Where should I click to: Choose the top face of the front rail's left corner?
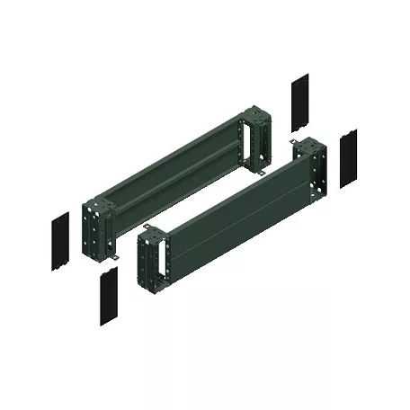coord(151,233)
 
